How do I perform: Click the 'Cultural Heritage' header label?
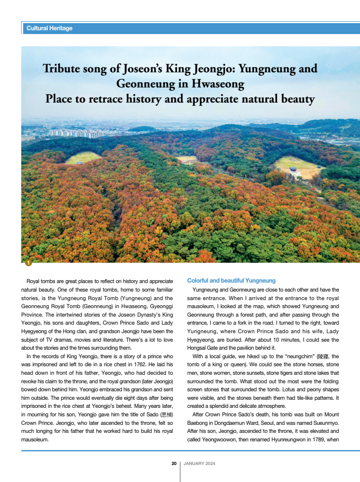click(50, 28)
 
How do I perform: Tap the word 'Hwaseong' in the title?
click(218, 84)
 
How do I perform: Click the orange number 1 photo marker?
click(28, 262)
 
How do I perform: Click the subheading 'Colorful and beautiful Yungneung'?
click(231, 281)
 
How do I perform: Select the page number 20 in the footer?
click(174, 464)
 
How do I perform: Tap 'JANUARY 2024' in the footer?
click(199, 464)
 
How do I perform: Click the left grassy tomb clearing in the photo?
click(83, 158)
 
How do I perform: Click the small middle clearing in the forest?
click(187, 159)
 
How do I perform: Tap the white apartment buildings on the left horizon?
click(76, 133)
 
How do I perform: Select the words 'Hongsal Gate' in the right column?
click(205, 348)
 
